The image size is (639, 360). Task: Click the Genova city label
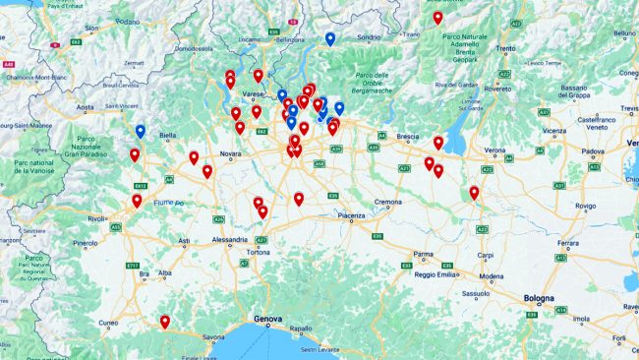click(267, 319)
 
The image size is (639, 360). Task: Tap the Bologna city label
click(539, 298)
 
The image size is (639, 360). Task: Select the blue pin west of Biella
click(141, 131)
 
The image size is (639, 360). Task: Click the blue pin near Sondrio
click(329, 39)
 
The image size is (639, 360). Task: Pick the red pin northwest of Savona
click(165, 321)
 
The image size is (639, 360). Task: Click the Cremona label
click(387, 202)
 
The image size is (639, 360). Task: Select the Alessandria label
click(230, 239)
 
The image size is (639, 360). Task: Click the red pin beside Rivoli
click(137, 201)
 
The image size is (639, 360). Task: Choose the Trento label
click(506, 48)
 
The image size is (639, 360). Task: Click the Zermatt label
click(133, 61)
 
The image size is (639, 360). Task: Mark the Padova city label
click(593, 152)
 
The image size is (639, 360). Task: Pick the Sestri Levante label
click(319, 350)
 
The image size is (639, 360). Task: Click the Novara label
click(231, 154)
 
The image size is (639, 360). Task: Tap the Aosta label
click(87, 107)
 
